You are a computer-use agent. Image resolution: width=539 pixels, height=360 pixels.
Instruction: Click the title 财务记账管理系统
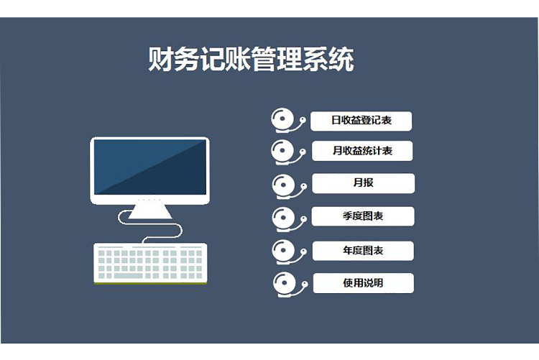coord(251,60)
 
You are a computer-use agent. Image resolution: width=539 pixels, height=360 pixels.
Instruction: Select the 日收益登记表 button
coord(361,121)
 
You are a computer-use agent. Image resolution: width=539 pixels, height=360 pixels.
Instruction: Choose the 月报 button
coord(363,183)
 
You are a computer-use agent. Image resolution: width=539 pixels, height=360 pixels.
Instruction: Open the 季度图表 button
coord(363,216)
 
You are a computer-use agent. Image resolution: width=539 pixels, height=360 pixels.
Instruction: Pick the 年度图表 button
coord(363,250)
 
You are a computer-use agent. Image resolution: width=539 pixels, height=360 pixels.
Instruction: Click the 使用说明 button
coord(363,283)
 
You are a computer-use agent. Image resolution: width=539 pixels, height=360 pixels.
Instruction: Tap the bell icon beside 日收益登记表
coord(283,120)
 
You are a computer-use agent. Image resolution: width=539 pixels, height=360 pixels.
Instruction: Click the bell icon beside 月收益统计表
coord(283,151)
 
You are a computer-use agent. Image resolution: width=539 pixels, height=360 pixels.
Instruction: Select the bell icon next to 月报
coord(284,185)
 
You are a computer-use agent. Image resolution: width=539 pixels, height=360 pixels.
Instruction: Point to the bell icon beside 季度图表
coord(284,217)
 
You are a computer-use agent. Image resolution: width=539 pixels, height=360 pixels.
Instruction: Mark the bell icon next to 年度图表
coord(284,250)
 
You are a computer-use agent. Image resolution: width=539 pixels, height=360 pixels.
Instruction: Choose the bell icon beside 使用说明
coord(285,283)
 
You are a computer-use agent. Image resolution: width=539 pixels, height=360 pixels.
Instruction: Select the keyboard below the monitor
coord(150,262)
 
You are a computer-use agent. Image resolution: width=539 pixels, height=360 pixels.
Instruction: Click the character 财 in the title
coord(160,60)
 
